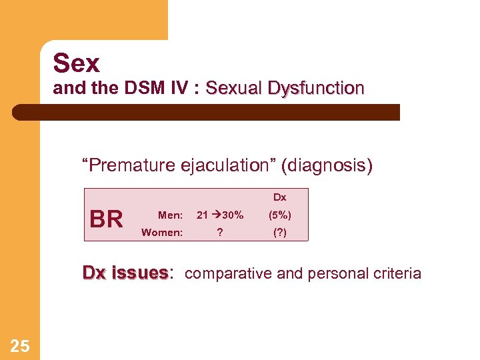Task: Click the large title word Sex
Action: pos(77,64)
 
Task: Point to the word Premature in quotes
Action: pos(128,165)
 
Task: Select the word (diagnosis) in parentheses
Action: pos(327,165)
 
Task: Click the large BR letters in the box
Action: pos(107,219)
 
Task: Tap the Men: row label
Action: pos(170,215)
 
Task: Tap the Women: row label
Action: pos(162,233)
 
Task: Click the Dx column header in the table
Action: pos(279,197)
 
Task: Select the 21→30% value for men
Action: pos(220,215)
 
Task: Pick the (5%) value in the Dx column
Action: pos(279,215)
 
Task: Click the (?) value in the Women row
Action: pos(279,233)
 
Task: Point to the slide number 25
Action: pos(20,345)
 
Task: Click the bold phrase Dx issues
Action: pos(125,273)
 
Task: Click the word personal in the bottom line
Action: pos(332,273)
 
